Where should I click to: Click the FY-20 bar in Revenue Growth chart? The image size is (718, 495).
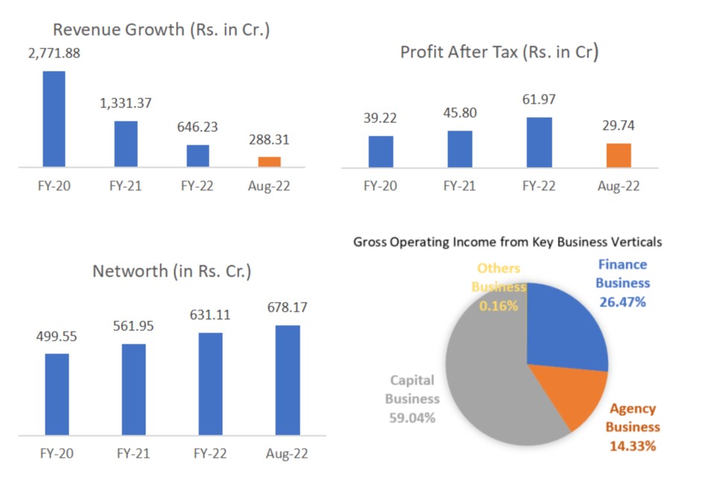pos(54,119)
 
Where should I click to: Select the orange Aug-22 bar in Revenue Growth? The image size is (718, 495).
pos(269,162)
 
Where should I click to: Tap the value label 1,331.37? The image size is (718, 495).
pos(125,103)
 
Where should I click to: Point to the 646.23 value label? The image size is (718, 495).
pos(197,127)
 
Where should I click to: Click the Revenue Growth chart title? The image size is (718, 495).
pos(160,30)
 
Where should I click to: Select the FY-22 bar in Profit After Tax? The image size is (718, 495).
pos(540,142)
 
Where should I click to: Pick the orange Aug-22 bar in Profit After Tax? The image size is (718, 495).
pos(618,155)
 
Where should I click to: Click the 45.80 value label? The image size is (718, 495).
pos(459,113)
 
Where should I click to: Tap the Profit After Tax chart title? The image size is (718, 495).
pos(499,52)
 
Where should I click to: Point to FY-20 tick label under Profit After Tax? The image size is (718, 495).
pos(380,186)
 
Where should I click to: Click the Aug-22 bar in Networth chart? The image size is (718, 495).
pos(287,380)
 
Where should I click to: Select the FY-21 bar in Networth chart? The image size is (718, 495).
pos(133,389)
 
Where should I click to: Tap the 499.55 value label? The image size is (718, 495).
pos(57,336)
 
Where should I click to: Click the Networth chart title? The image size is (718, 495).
pos(171,271)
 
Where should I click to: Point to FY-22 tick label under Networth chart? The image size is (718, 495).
pos(210,453)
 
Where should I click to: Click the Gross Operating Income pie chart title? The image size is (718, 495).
pos(507,242)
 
